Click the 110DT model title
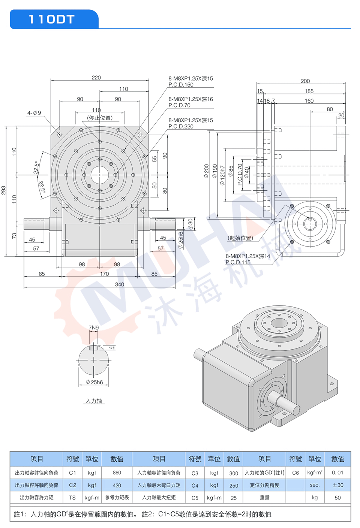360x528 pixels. pos(52,19)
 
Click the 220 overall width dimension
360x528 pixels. pos(96,78)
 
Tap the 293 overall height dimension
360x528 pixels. pos(3,190)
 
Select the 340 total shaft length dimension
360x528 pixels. pos(119,284)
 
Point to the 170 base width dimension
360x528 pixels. pos(104,274)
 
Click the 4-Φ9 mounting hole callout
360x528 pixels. pos(34,113)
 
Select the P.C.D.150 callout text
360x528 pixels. pos(181,85)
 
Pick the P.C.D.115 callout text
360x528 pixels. pos(238,262)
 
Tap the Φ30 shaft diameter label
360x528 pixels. pos(190,224)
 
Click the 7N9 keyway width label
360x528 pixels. pos(94,328)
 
